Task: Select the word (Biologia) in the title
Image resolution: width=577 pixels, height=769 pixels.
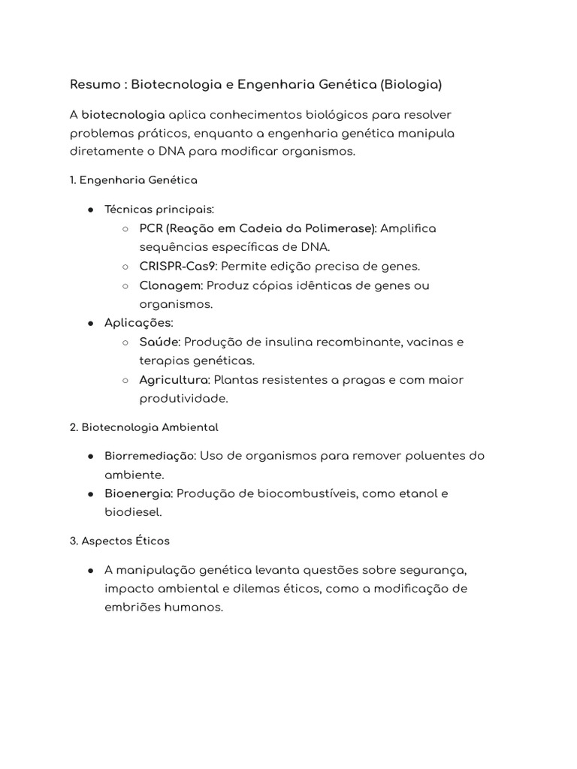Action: (x=410, y=85)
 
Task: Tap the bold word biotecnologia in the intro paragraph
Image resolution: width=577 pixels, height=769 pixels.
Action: (x=123, y=115)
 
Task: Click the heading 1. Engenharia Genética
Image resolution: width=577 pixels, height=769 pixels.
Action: (x=133, y=180)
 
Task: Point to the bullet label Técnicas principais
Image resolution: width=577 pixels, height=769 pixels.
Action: (x=159, y=209)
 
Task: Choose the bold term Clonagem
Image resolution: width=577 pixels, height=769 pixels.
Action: (x=170, y=285)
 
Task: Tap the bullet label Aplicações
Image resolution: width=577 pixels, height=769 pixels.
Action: (x=139, y=323)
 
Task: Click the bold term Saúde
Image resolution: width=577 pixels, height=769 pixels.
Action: (x=159, y=342)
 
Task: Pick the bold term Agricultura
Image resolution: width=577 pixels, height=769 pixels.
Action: (x=174, y=380)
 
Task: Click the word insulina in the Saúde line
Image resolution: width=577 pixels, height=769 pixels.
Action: (x=304, y=342)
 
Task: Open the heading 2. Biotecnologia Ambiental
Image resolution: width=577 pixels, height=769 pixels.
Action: (x=143, y=427)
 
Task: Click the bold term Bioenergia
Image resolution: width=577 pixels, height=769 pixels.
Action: (x=139, y=493)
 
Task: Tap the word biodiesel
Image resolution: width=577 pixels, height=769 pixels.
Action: (x=132, y=512)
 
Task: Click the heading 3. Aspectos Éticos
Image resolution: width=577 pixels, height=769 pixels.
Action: (x=119, y=541)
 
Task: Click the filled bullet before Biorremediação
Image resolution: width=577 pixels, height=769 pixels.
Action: (x=89, y=456)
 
